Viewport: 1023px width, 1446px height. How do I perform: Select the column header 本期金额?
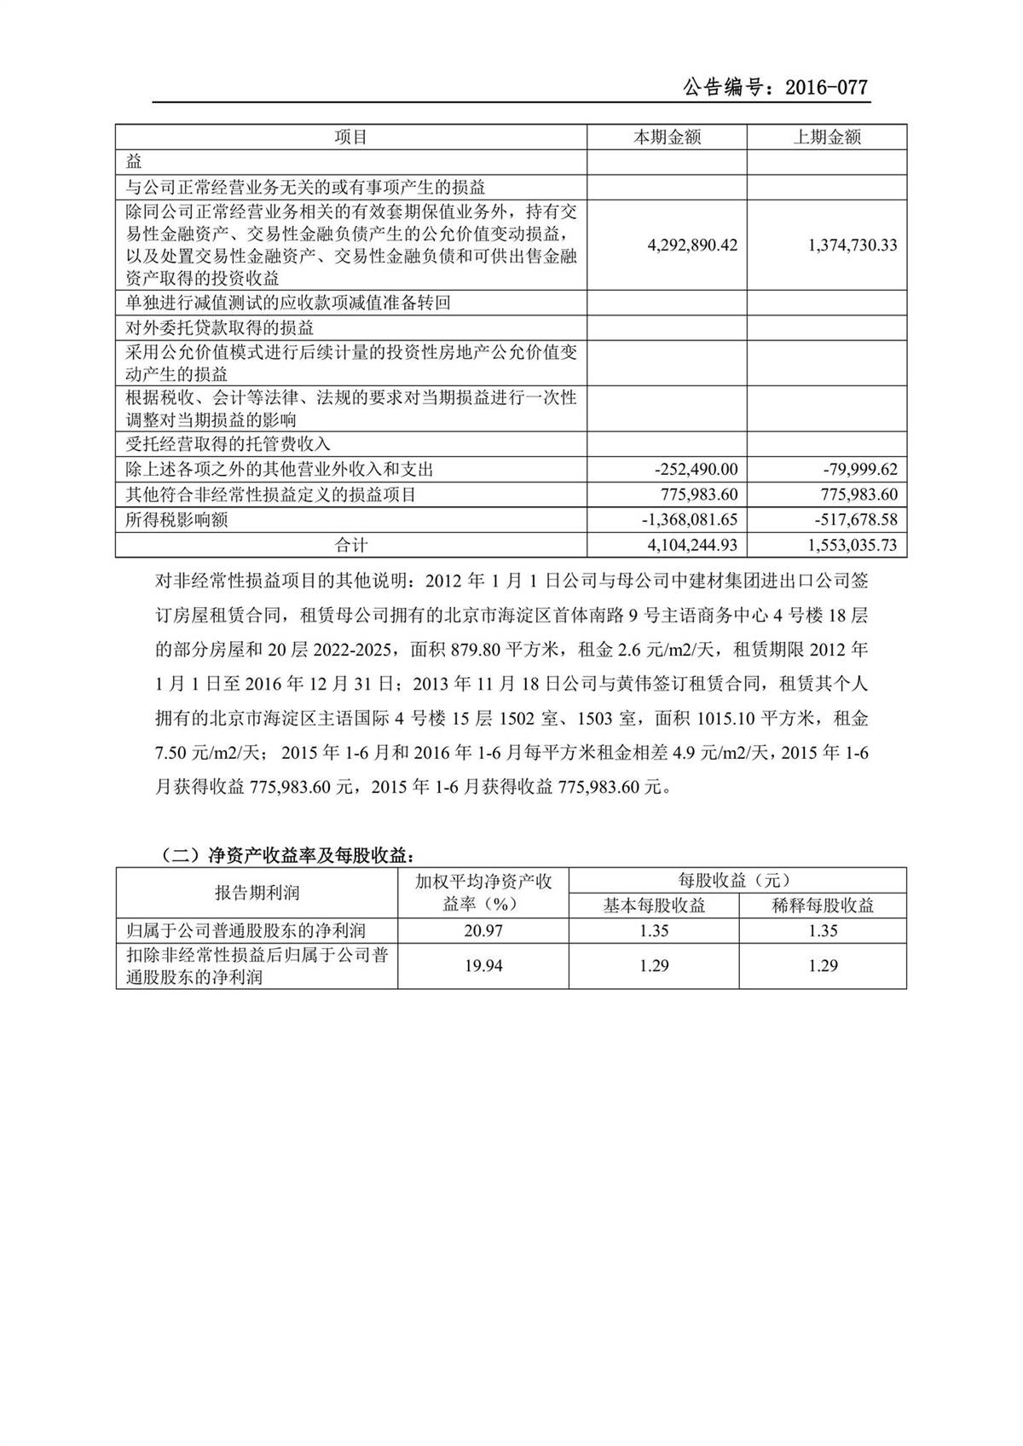667,137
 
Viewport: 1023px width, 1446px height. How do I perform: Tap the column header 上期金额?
827,137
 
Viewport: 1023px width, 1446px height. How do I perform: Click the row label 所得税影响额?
176,519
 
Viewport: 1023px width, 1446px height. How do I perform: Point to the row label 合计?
351,545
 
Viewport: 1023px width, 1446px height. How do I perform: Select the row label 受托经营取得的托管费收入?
228,444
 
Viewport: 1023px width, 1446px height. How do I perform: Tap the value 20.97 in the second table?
483,931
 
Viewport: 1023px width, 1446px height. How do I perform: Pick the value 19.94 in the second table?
483,965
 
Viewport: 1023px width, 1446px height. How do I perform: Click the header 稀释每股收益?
823,905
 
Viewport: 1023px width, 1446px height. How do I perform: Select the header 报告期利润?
257,893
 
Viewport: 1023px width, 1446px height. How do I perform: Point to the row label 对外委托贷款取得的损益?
219,328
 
